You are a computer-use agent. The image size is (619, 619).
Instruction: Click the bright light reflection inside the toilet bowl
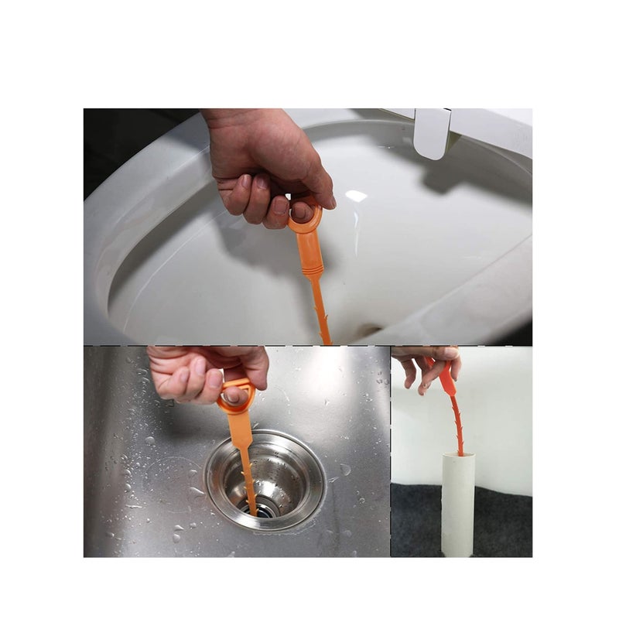tap(356, 196)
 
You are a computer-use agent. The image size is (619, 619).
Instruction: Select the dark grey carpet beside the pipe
tap(503, 526)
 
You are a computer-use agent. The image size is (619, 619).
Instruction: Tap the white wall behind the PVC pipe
tap(503, 418)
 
